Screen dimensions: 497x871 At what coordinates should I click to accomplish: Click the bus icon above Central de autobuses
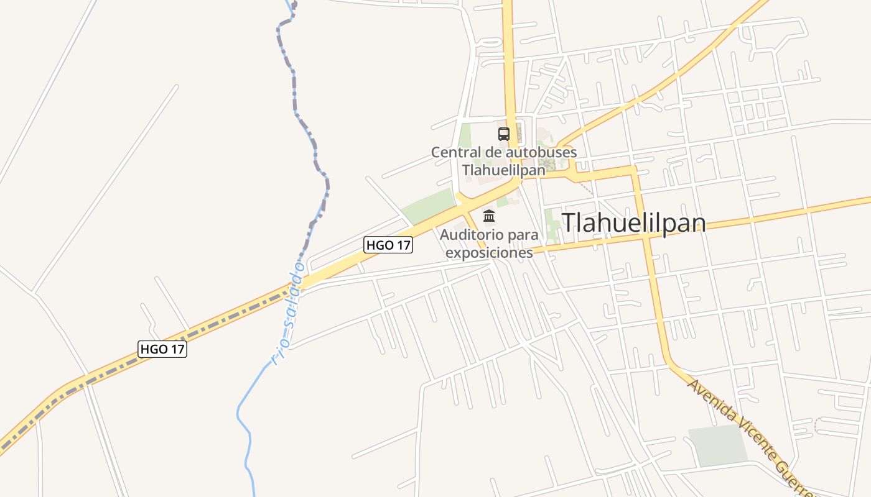pyautogui.click(x=503, y=134)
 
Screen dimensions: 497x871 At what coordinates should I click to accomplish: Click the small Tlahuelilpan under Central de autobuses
pyautogui.click(x=503, y=169)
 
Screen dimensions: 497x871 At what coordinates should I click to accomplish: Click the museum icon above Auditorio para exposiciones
pyautogui.click(x=489, y=216)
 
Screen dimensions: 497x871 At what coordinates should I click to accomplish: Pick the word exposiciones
pyautogui.click(x=489, y=252)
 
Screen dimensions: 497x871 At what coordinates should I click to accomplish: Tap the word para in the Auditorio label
pyautogui.click(x=523, y=235)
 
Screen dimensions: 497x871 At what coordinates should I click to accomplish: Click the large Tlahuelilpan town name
pyautogui.click(x=633, y=223)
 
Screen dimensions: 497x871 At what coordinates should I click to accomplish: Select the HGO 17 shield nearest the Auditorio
pyautogui.click(x=388, y=245)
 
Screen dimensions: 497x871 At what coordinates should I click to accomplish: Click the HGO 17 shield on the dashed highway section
pyautogui.click(x=162, y=349)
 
